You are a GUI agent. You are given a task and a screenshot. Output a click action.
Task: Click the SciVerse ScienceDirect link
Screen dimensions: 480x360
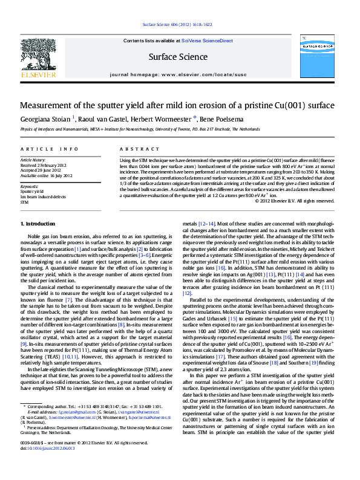click(207, 41)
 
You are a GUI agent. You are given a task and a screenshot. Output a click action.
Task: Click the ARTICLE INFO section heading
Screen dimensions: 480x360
click(49, 148)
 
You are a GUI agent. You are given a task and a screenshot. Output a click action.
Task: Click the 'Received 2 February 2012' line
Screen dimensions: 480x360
click(44, 165)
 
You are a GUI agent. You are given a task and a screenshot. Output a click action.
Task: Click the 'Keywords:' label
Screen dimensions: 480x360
click(30, 187)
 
